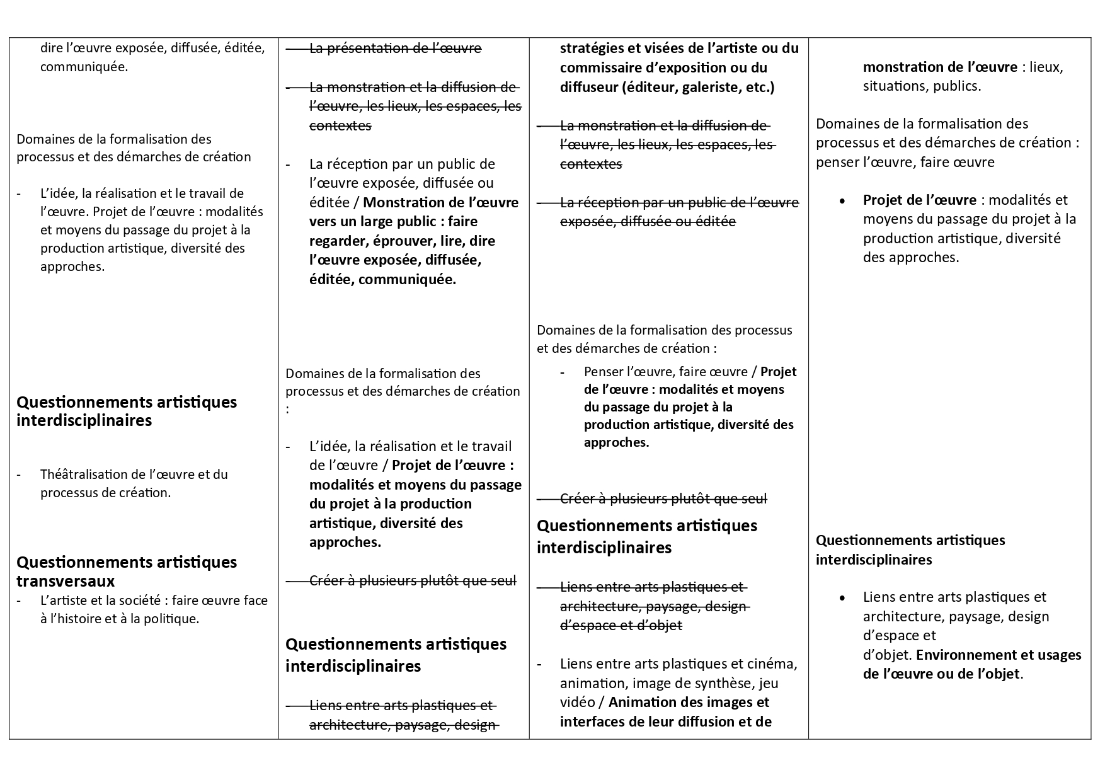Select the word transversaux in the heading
tap(66, 580)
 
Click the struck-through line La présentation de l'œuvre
tap(395, 49)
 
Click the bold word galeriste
tap(708, 87)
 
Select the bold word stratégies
tap(593, 49)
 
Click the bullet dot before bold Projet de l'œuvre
tap(842, 200)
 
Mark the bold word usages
tap(1057, 655)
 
